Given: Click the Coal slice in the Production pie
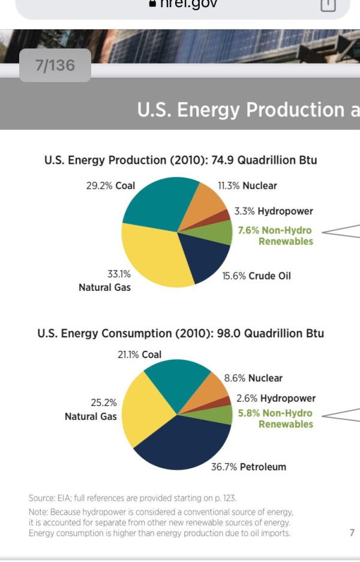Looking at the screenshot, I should point(157,201).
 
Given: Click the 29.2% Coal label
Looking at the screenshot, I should point(111,186).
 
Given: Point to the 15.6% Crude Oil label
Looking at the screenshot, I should point(256,276).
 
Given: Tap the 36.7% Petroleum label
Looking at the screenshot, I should point(248,467).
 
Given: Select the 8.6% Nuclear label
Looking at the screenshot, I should point(253,378).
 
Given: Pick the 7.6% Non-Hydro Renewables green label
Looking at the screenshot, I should point(275,236).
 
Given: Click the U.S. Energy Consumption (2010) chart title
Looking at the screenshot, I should point(181,333).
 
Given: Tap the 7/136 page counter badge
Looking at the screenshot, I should point(55,65).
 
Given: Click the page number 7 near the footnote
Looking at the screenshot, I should point(352,533).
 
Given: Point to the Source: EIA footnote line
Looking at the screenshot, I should point(132,498).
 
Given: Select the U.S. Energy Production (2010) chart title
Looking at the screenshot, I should point(181,160).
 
